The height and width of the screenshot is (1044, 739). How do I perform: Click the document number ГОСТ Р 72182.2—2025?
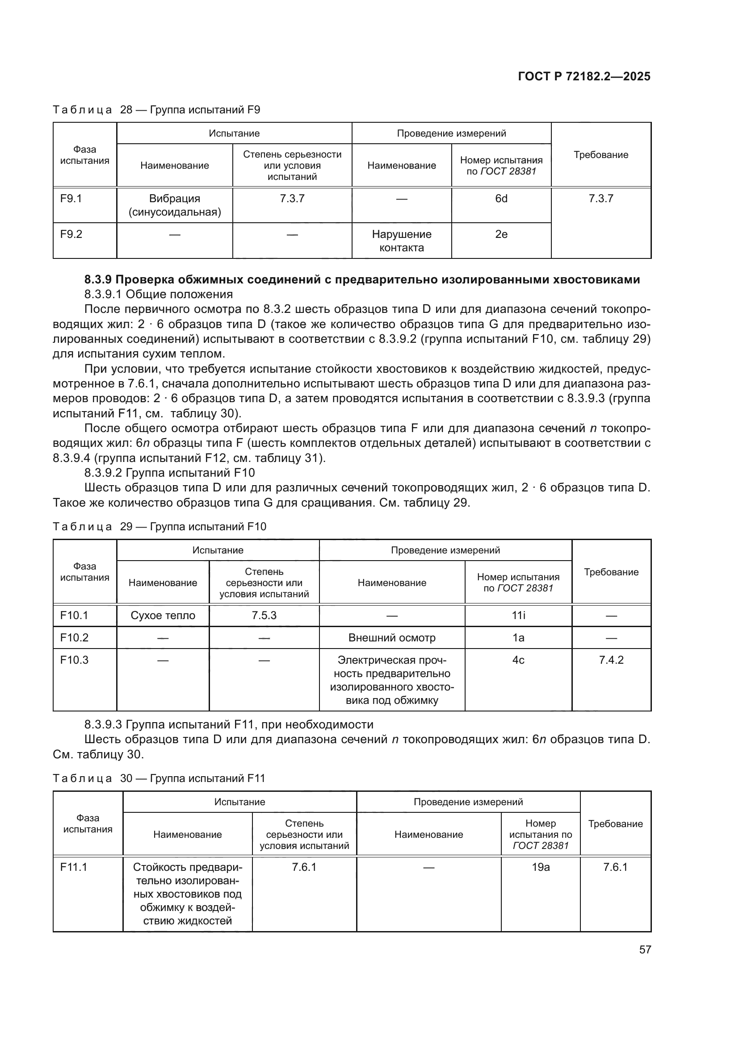[x=584, y=76]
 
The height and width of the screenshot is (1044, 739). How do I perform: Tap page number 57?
[x=645, y=949]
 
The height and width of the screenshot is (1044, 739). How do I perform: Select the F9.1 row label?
[x=71, y=199]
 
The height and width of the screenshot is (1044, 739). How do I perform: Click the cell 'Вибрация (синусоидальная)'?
[x=175, y=205]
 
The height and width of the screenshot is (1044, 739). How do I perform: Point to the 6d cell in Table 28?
[x=501, y=199]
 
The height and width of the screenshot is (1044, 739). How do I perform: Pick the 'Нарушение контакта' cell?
[x=401, y=241]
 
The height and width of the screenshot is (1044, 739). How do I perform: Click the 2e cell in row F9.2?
[x=501, y=235]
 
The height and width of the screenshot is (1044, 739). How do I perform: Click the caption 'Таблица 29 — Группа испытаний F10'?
[x=160, y=527]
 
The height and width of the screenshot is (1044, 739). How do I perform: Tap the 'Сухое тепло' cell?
[x=163, y=616]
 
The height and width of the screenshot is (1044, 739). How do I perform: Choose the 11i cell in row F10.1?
[x=518, y=616]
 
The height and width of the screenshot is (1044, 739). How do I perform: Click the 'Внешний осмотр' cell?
[x=392, y=638]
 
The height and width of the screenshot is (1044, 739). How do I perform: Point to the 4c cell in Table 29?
[x=518, y=660]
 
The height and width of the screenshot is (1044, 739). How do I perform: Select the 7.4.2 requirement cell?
[x=611, y=660]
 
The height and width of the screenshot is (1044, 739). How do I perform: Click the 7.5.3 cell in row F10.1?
[x=264, y=616]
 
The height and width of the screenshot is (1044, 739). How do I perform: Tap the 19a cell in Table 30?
[x=541, y=868]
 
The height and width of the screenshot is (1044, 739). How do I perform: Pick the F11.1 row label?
[x=74, y=868]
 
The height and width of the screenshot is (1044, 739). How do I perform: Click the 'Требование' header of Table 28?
[x=600, y=155]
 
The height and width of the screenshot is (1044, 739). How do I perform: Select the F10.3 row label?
[x=74, y=660]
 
